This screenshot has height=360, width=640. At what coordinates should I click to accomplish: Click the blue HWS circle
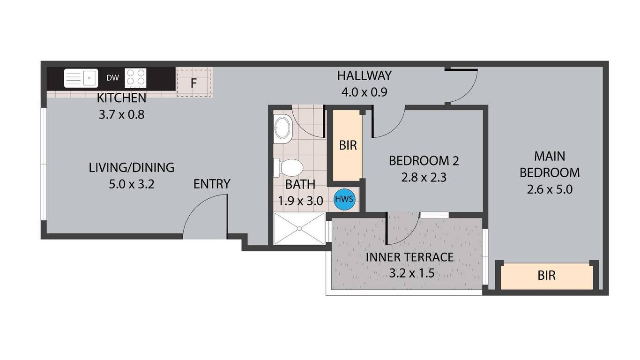click(x=344, y=199)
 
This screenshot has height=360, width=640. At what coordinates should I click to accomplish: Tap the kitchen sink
click(x=81, y=78)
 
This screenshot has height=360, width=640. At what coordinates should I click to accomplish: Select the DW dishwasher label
click(x=112, y=78)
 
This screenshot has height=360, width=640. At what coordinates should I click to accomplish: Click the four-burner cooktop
click(x=136, y=78)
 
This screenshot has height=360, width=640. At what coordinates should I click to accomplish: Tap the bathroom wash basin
click(x=283, y=129)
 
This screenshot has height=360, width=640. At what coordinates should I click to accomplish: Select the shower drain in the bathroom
click(x=299, y=228)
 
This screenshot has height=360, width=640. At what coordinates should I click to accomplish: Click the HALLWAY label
click(x=365, y=75)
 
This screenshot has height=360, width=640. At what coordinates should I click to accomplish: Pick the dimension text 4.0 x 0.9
click(x=365, y=92)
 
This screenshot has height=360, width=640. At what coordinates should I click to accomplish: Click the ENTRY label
click(x=212, y=184)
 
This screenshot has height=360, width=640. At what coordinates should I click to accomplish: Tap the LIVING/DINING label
click(x=132, y=167)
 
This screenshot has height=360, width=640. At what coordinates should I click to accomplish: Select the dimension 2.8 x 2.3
click(x=424, y=177)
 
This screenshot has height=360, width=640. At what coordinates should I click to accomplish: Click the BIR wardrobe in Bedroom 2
click(x=348, y=145)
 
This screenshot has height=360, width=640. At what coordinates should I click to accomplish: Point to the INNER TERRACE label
click(x=409, y=257)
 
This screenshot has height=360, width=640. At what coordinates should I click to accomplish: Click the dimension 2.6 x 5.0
click(x=550, y=189)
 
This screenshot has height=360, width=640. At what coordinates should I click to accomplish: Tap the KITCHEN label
click(x=121, y=98)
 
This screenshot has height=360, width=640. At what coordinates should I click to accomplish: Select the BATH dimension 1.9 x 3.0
click(x=300, y=201)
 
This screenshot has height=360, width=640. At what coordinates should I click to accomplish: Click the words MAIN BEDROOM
click(x=550, y=165)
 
